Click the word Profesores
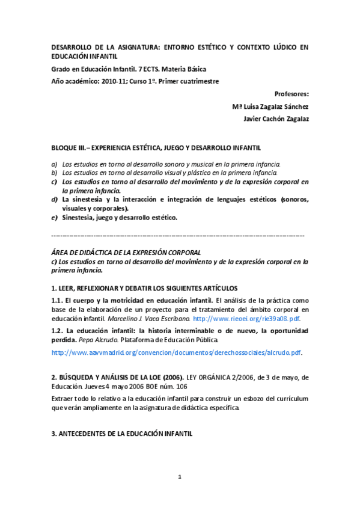(291, 94)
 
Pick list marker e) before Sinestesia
(54, 217)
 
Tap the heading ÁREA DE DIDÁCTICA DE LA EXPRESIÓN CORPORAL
(126, 253)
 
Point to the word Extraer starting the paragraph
(65, 399)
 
